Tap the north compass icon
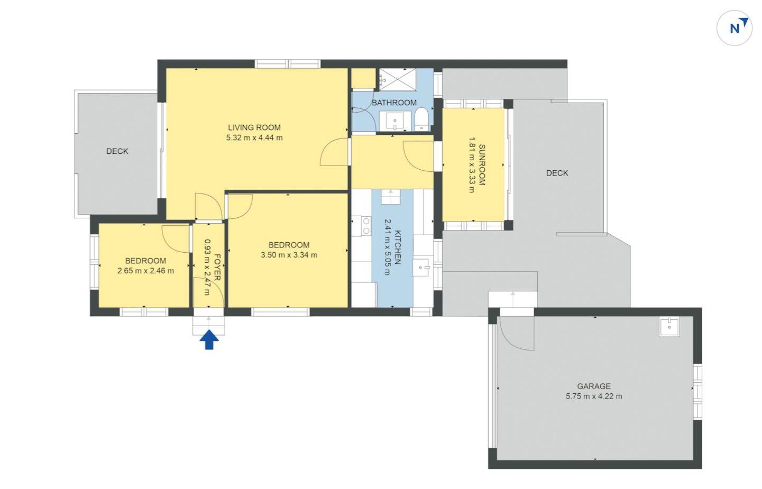[735, 28]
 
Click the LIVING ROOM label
[254, 127]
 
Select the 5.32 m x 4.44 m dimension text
[254, 138]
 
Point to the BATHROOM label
[394, 103]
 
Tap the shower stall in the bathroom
[398, 80]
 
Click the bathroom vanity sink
[395, 121]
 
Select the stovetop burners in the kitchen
[366, 226]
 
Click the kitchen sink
[422, 267]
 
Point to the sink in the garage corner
[669, 327]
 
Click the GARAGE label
[594, 386]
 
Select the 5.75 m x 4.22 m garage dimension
[594, 396]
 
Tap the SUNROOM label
[482, 164]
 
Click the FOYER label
[217, 267]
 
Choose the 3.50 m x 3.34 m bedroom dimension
[289, 255]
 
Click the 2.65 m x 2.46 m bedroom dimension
[145, 271]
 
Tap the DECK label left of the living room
[117, 151]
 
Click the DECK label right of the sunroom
[557, 173]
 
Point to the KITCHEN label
[398, 247]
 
